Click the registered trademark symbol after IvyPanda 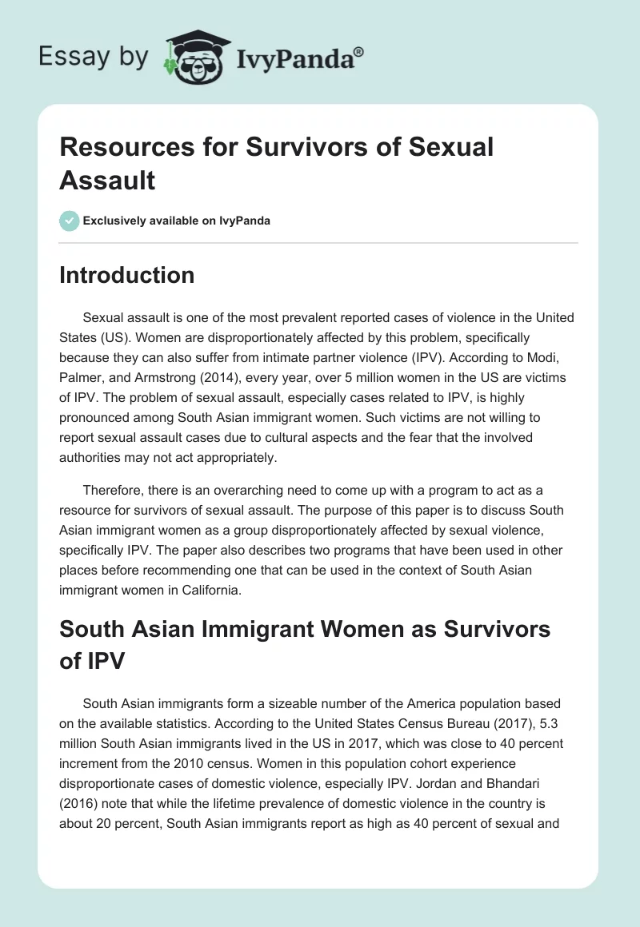click(x=359, y=52)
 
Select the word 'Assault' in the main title click(x=107, y=179)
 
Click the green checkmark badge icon click(x=70, y=221)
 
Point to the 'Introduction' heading click(x=126, y=275)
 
